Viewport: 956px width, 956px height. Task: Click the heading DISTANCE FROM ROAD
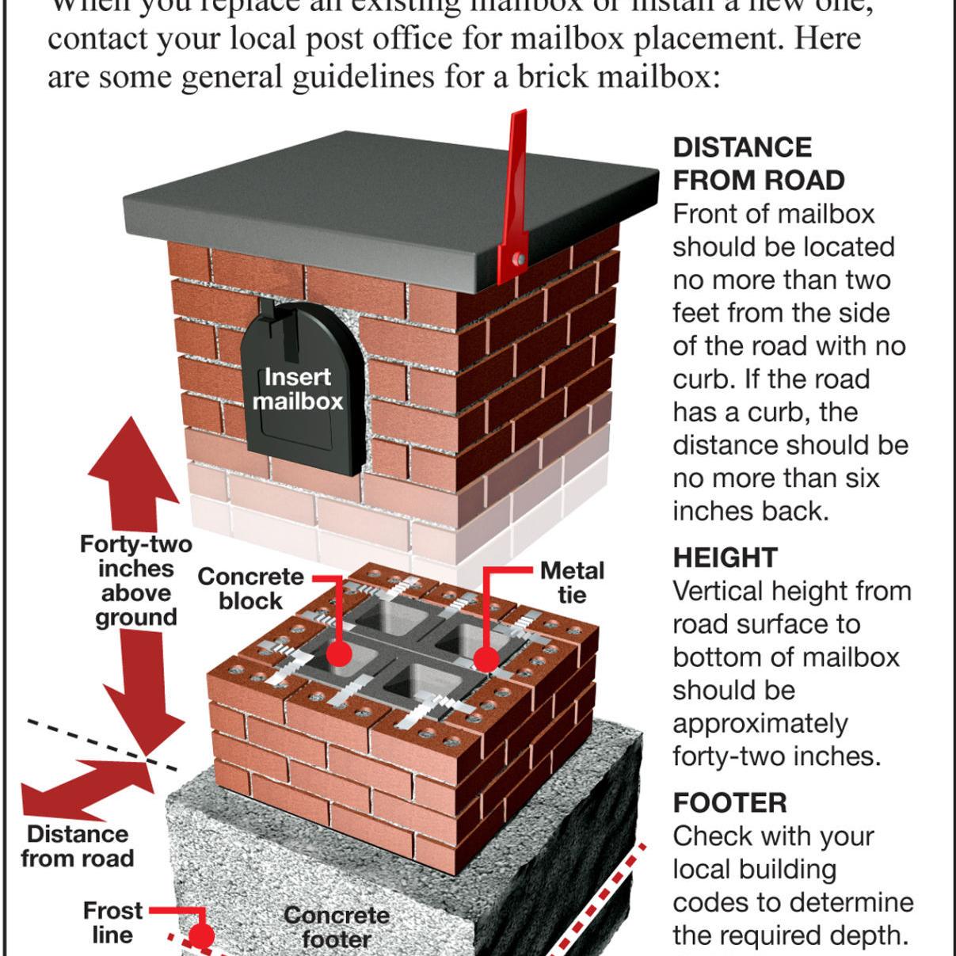pos(758,164)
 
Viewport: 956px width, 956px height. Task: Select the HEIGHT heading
pos(725,558)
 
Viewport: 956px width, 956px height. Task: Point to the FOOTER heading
pos(729,803)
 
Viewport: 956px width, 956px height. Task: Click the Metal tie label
pos(571,582)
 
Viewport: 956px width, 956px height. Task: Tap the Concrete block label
pos(250,588)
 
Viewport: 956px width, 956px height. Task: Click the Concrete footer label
pos(337,927)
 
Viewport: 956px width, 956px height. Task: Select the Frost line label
pos(112,922)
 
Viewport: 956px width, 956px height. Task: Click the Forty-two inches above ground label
pos(135,581)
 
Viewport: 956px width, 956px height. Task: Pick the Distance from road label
pos(77,846)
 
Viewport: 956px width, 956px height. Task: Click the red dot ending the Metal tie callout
pos(486,658)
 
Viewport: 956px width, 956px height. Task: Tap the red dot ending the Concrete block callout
pos(339,653)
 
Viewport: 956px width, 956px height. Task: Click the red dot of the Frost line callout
pos(202,937)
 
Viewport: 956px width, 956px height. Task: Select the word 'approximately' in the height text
pos(760,723)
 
